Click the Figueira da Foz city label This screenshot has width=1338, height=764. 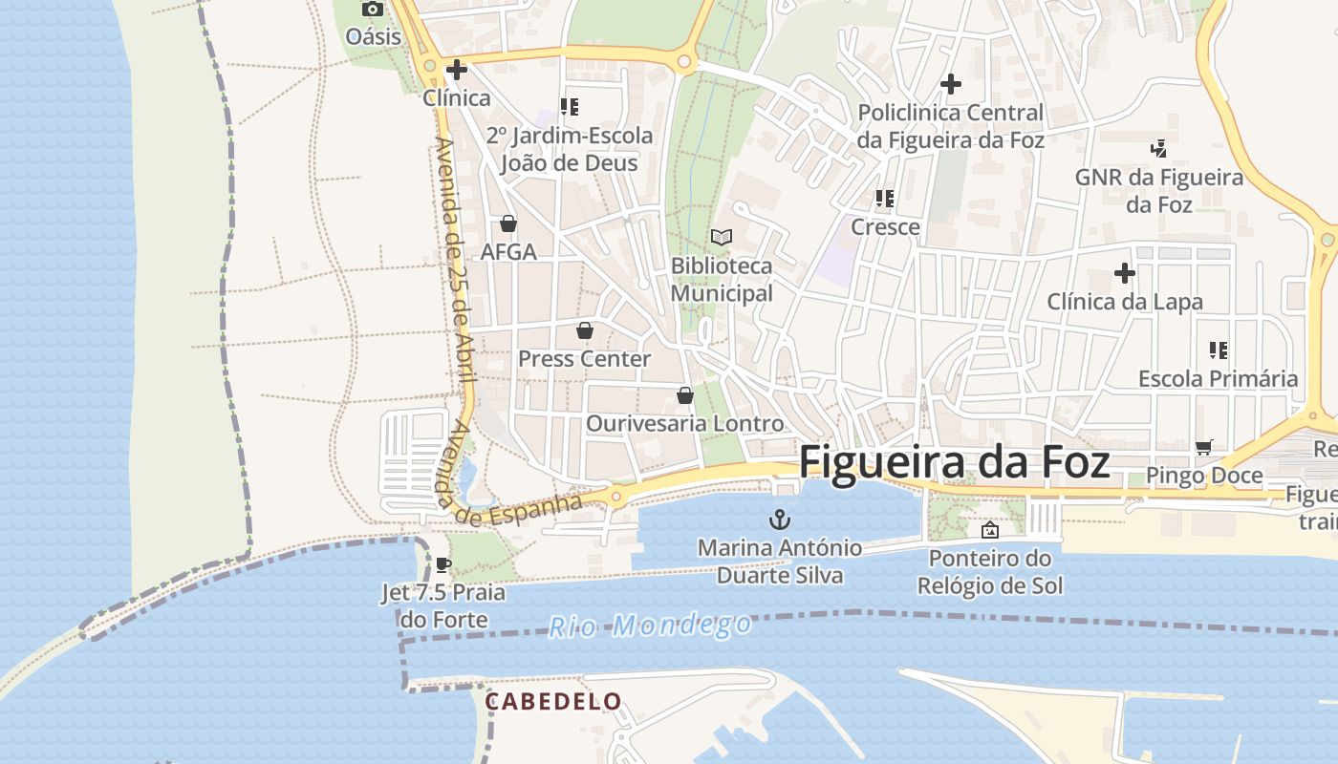[954, 462]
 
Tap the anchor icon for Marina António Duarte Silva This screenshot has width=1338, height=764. [781, 520]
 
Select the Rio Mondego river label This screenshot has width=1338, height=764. [650, 626]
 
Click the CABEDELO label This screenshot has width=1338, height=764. [553, 702]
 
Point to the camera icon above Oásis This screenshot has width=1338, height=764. [373, 10]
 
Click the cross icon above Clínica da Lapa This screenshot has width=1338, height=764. [1125, 274]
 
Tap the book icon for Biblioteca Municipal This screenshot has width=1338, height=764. [722, 237]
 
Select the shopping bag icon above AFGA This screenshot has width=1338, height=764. [508, 223]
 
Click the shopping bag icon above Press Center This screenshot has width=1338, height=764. [584, 330]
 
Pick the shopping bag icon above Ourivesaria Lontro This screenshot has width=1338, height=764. [684, 395]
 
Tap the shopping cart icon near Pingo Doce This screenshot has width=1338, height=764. [1203, 447]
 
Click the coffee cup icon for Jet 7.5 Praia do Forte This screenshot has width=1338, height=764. [443, 564]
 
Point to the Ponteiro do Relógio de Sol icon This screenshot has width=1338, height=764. [990, 530]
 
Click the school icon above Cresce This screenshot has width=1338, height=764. [885, 199]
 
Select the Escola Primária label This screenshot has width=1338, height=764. [1218, 379]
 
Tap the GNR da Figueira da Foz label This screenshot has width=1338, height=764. [1158, 191]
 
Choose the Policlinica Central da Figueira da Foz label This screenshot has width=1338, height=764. [950, 126]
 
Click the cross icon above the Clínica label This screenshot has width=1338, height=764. [457, 70]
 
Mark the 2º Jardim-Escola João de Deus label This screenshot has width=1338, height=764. [570, 149]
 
